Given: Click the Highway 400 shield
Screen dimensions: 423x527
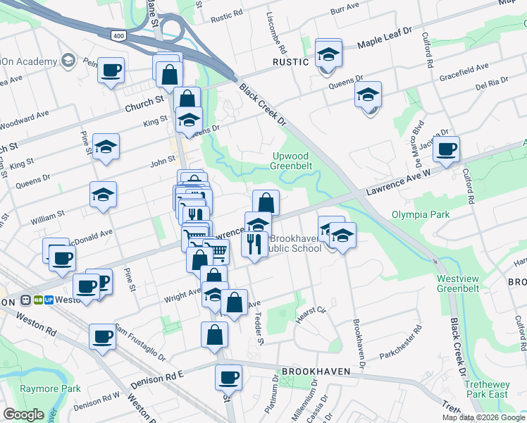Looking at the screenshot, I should [117, 34].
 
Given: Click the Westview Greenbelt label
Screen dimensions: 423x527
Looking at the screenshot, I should [457, 283].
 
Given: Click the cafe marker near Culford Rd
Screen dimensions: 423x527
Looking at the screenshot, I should [446, 149].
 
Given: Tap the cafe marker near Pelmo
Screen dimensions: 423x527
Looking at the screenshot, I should [111, 70].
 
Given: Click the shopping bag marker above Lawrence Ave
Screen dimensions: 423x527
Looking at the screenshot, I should [266, 203].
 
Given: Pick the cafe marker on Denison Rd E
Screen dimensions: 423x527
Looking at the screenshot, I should [228, 377].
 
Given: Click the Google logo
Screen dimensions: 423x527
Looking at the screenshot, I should [23, 414].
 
